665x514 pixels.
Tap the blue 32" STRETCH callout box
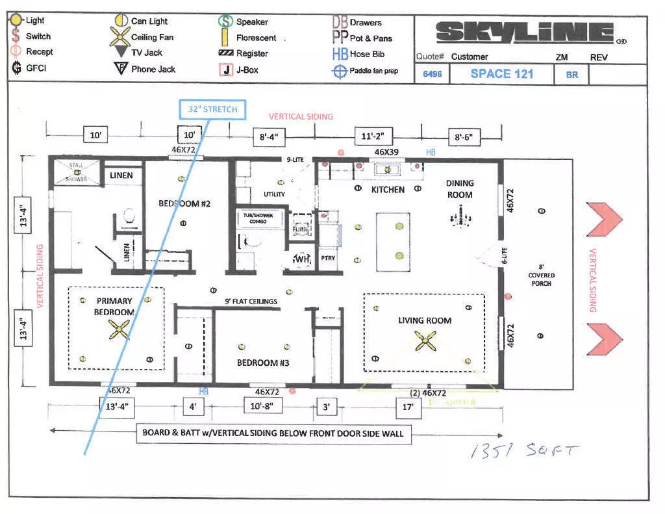coord(212,109)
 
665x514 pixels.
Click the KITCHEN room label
coord(388,190)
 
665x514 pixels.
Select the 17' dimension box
coord(408,408)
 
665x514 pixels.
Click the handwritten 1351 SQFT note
coord(523,451)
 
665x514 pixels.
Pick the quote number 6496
coord(432,74)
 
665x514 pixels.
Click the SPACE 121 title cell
coord(502,73)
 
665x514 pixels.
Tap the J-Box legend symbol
coord(226,70)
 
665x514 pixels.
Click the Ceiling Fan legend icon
coord(121,37)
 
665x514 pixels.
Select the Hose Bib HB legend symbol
coord(340,54)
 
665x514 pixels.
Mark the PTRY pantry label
coord(328,258)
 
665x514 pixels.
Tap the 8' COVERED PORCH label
coord(541,275)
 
